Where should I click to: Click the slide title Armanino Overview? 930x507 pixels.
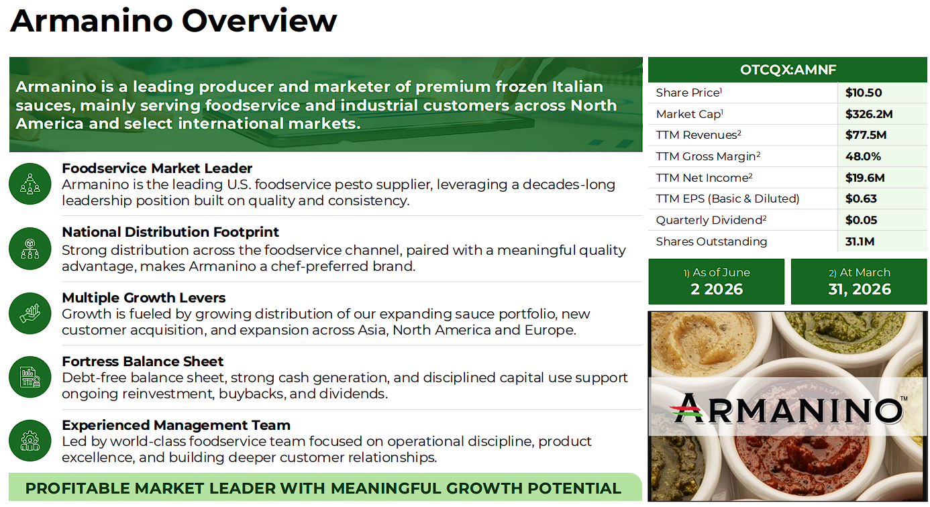click(x=173, y=21)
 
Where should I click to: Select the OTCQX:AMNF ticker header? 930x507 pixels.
click(x=788, y=70)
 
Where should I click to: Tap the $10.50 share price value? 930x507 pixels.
click(x=863, y=93)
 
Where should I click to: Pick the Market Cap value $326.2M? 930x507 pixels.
click(x=868, y=114)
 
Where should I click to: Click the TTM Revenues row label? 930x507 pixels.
click(x=699, y=135)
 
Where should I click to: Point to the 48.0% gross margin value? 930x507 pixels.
click(x=863, y=156)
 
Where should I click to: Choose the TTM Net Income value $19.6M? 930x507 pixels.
click(x=865, y=178)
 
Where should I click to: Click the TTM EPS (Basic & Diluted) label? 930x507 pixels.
click(x=727, y=199)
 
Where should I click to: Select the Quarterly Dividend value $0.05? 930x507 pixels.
click(x=861, y=220)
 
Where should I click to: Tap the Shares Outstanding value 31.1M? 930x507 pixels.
click(x=860, y=241)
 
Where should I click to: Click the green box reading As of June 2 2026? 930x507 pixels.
click(x=716, y=282)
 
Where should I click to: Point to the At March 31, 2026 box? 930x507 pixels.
click(x=859, y=282)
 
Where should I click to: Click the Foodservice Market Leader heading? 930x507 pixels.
click(x=157, y=168)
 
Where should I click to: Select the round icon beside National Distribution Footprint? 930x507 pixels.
click(x=30, y=249)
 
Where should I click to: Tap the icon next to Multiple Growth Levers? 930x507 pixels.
click(x=30, y=313)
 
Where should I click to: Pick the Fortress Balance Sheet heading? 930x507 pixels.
click(x=142, y=361)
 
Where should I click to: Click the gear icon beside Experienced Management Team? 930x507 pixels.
click(x=30, y=441)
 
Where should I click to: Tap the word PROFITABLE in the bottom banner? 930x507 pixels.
click(x=76, y=488)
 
